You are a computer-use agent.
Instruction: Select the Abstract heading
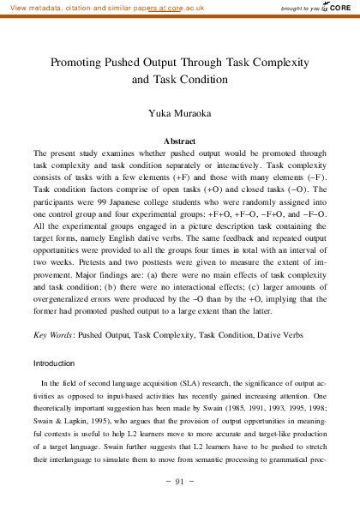point(180,140)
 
